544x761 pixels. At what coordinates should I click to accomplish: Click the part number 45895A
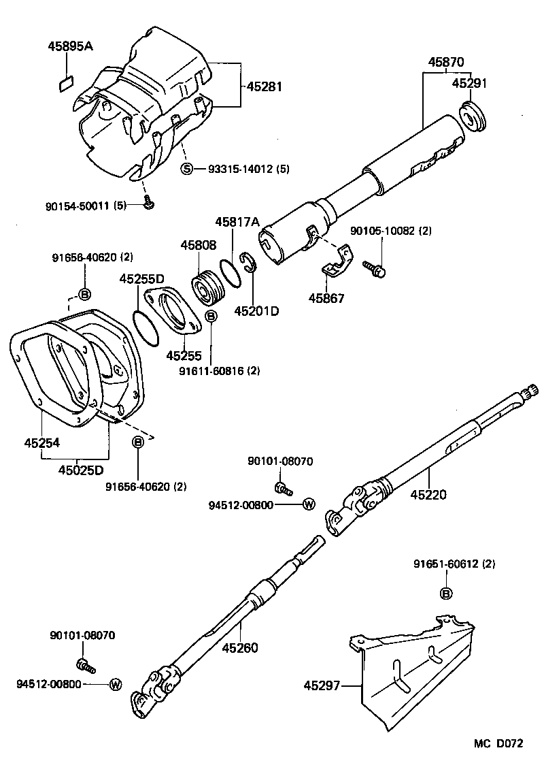[70, 46]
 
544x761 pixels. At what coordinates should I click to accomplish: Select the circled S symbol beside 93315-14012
[186, 169]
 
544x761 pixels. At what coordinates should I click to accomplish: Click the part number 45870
[447, 62]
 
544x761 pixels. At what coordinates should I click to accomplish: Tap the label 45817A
[237, 222]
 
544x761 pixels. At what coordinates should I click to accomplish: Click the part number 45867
[327, 298]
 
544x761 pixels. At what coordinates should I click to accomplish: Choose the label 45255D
[142, 278]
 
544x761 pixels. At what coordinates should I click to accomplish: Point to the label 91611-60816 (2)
[210, 371]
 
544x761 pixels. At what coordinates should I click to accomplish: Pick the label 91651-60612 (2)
[454, 564]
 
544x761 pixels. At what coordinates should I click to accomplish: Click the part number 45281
[264, 87]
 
